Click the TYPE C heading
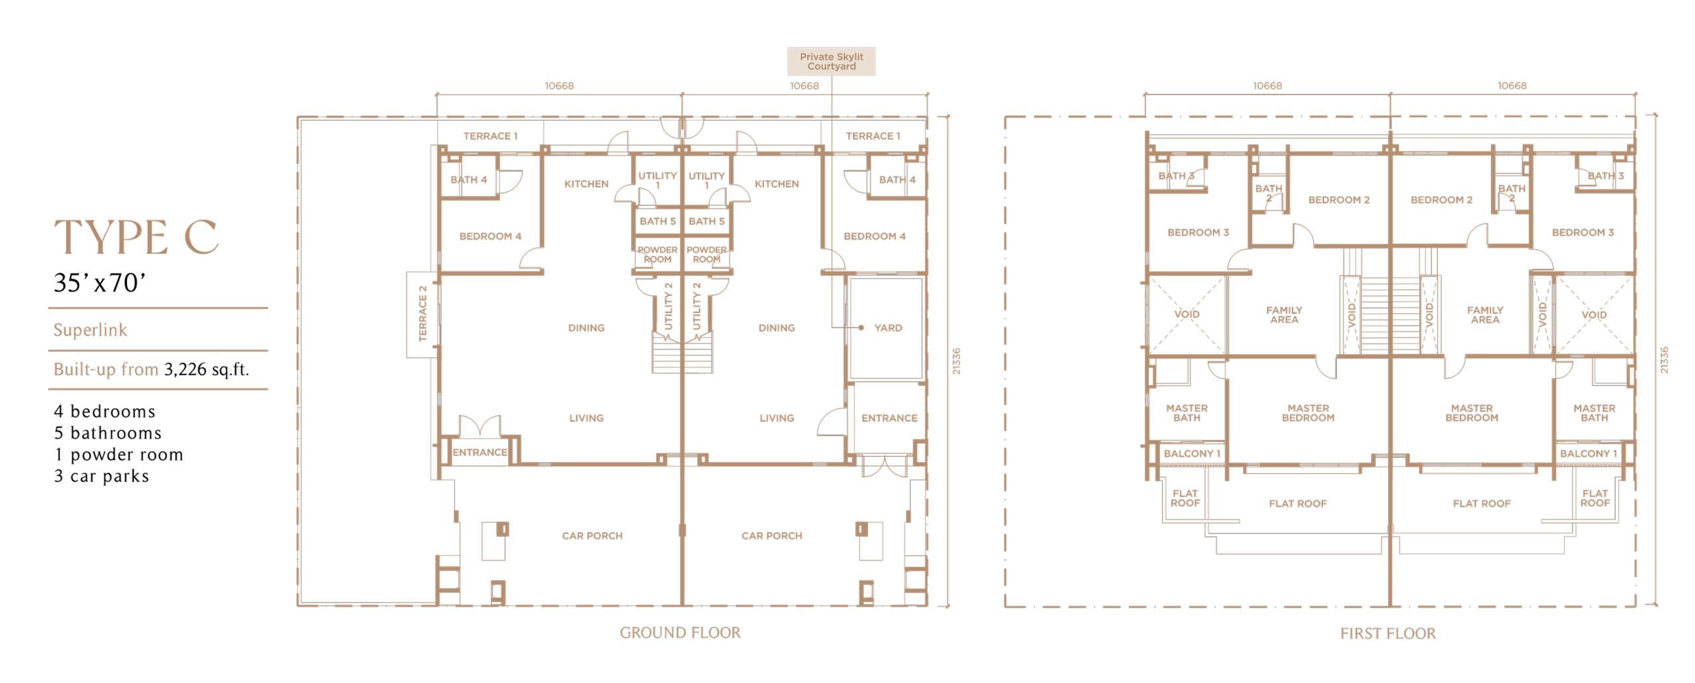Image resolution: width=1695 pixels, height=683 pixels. [x=136, y=236]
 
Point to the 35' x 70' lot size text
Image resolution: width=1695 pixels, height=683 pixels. [x=99, y=283]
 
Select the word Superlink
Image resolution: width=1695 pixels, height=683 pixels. [x=90, y=330]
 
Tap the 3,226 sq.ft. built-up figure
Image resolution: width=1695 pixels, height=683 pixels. [x=207, y=369]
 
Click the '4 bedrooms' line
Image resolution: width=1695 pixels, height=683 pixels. [x=105, y=411]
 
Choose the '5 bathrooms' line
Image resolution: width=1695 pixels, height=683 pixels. [x=108, y=433]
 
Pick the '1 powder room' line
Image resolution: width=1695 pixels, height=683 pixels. [x=119, y=455]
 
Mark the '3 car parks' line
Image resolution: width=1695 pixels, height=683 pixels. [x=101, y=476]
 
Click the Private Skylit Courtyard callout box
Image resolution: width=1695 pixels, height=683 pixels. [x=831, y=61]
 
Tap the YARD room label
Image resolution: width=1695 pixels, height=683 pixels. [x=888, y=328]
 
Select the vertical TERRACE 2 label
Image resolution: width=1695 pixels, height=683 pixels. [x=422, y=313]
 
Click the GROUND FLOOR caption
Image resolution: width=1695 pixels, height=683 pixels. [x=680, y=633]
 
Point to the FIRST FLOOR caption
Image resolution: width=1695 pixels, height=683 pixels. [x=1388, y=633]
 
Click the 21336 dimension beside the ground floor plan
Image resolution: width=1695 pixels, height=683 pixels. [x=956, y=361]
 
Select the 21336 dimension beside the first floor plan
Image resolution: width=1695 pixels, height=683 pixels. [x=1664, y=360]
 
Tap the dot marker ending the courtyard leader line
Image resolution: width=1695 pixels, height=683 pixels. [x=861, y=328]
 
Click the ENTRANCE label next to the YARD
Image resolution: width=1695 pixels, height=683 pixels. [x=889, y=418]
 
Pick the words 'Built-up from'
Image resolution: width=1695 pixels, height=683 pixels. [x=106, y=369]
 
